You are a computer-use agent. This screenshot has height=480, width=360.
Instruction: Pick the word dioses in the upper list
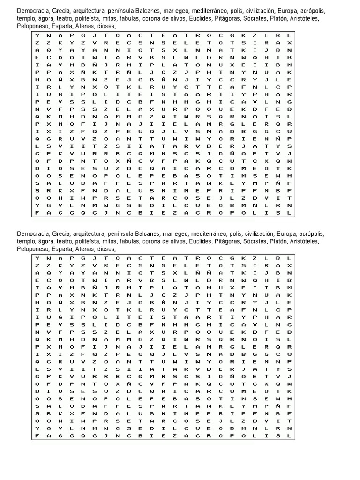(x=105, y=27)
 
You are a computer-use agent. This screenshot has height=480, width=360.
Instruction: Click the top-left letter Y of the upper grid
(x=37, y=36)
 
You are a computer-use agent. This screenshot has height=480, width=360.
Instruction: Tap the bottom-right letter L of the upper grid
(x=290, y=213)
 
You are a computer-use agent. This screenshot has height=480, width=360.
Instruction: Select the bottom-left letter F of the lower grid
(x=37, y=436)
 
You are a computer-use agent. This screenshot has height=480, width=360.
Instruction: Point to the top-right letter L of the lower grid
(x=290, y=258)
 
